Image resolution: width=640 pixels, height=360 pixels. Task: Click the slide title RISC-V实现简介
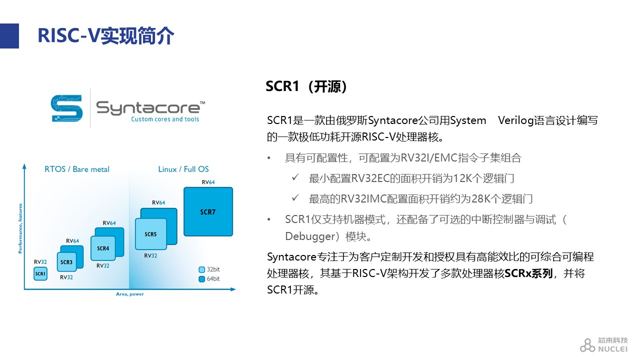click(105, 35)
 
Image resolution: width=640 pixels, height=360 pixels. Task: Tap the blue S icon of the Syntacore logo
click(67, 108)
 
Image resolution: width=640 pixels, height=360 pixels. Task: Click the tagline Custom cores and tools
click(165, 119)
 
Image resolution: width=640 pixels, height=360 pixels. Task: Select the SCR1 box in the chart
click(40, 273)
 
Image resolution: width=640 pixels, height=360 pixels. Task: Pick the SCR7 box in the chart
click(208, 211)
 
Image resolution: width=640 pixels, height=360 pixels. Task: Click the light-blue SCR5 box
click(150, 234)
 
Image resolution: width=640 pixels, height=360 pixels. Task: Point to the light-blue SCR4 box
click(103, 248)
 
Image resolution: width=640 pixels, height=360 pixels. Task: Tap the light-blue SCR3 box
click(66, 262)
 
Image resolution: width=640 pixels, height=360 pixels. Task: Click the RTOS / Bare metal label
click(77, 169)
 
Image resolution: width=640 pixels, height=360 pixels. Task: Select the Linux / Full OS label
click(183, 169)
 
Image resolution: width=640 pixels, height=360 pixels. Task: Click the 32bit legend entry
click(209, 269)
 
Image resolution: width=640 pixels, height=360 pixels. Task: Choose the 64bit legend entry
click(209, 279)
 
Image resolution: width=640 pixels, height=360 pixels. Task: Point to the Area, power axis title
click(129, 294)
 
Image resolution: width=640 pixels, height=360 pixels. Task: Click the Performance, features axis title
click(20, 228)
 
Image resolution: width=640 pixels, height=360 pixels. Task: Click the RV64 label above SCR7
click(208, 182)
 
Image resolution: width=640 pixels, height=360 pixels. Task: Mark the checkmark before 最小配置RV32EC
click(295, 177)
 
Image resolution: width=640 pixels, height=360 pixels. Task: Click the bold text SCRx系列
click(528, 273)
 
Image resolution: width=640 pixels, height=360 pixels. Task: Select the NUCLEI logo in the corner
click(603, 344)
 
